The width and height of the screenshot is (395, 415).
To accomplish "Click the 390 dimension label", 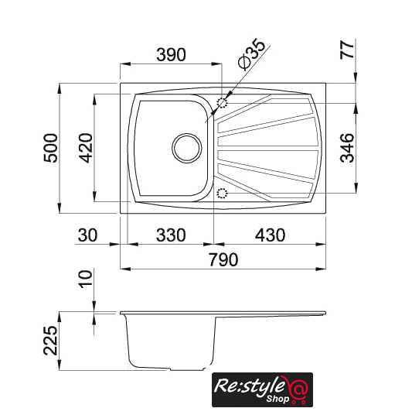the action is [171, 54].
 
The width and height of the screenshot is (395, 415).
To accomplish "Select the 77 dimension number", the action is [346, 50].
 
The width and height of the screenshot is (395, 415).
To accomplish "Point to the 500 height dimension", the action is [50, 148].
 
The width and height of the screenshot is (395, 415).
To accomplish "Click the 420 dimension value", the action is [86, 148].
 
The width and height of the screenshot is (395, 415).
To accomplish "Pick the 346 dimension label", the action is [347, 148].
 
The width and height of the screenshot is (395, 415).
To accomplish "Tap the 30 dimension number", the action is [87, 235].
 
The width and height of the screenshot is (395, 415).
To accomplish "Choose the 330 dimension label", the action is [171, 235].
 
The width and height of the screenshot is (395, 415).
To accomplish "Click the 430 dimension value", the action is [270, 235].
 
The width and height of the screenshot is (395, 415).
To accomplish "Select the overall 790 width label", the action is [223, 259].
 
